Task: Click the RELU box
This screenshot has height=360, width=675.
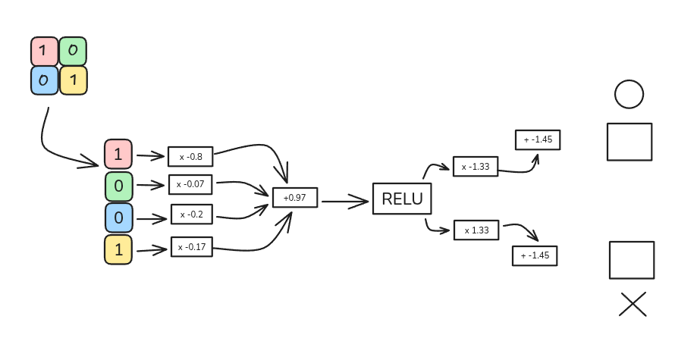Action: pos(401,199)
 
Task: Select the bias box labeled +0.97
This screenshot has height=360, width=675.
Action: pos(295,197)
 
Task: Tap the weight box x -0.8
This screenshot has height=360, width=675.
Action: pos(190,156)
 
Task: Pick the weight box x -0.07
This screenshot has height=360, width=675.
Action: pos(193,184)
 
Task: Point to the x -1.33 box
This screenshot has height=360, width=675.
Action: pos(476,166)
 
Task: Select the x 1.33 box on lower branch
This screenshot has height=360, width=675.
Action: pos(476,230)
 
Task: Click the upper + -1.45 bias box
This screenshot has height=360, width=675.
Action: pos(538,140)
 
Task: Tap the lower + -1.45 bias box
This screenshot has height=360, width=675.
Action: pos(535,255)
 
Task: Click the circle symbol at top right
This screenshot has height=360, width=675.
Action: pos(629,95)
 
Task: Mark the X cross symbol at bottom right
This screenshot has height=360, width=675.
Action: pos(633,304)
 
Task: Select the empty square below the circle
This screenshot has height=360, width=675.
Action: pos(629,142)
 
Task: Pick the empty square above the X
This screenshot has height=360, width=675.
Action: pos(632,260)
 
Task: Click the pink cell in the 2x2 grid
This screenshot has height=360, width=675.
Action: pos(44,52)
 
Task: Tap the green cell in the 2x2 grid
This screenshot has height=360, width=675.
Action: pos(73,52)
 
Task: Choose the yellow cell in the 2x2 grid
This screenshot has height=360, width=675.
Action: pos(73,80)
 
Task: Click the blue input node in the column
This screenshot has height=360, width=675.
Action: pos(118,218)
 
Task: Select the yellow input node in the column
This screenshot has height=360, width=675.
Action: pos(118,249)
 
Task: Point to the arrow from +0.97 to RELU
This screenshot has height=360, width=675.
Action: pos(345,202)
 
